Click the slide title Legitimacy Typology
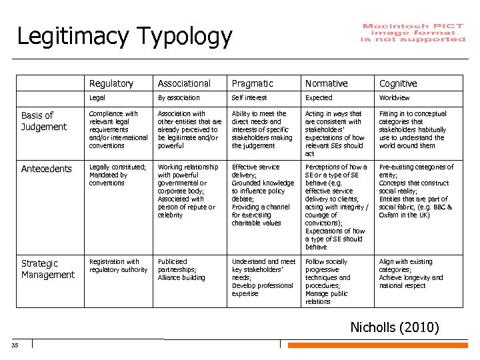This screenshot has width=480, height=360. [125, 36]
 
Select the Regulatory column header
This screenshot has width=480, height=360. [111, 83]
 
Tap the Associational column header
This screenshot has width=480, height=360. [184, 83]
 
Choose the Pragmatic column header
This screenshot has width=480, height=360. [253, 83]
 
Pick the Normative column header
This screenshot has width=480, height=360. [326, 83]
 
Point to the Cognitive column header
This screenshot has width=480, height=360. [398, 83]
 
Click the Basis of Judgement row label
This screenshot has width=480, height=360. [44, 121]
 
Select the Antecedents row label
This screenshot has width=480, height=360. [47, 169]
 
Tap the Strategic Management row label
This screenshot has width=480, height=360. [48, 269]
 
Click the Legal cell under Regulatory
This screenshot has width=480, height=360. [97, 98]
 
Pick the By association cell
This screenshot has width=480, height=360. [179, 98]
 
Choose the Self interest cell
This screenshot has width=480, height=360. [249, 98]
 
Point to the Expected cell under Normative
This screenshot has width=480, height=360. [319, 98]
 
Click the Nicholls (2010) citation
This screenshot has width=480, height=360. [395, 327]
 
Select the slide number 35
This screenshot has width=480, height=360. [15, 345]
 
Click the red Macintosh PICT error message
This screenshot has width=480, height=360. [413, 33]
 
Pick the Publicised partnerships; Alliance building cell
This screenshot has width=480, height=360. [181, 269]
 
